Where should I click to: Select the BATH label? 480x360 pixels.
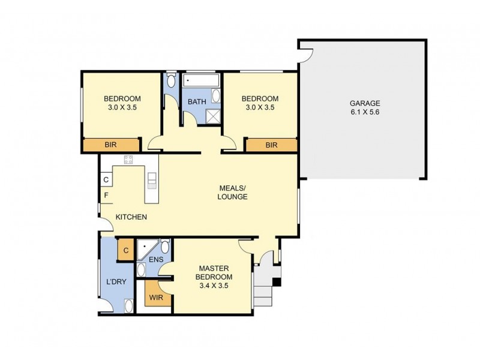[x=196, y=101]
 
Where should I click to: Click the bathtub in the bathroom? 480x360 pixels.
[x=201, y=80]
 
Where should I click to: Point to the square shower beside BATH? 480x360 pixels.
[x=213, y=116]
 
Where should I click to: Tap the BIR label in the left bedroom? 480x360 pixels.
[x=111, y=145]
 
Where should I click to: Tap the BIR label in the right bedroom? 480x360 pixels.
[x=271, y=145]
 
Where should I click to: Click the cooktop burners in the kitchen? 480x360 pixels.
[x=128, y=160]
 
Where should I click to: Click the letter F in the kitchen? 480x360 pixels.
[x=106, y=196]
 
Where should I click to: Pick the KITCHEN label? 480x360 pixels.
[x=131, y=217]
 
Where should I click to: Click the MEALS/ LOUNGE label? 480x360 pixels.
[x=232, y=192]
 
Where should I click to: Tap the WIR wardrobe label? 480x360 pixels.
[x=156, y=296]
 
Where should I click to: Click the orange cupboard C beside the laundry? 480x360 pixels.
[x=126, y=250]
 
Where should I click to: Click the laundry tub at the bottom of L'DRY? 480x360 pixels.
[x=128, y=306]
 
